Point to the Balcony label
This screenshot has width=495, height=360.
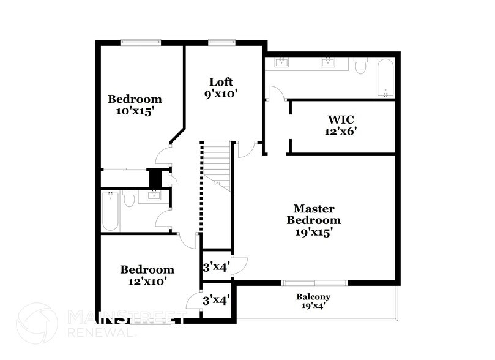tap(313, 297)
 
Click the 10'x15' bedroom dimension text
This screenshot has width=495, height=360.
tap(135, 111)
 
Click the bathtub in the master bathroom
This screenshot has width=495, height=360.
tap(386, 78)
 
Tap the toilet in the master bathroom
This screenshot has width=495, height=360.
tap(360, 64)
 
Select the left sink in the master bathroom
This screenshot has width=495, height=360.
tap(282, 62)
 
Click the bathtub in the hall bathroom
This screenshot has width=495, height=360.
tap(110, 212)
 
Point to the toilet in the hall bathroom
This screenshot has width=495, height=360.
tap(129, 198)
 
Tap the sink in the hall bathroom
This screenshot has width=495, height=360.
tap(152, 195)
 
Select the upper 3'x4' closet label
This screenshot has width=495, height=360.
tap(215, 267)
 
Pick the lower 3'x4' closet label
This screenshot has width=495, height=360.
tap(215, 300)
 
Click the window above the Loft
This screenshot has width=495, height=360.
tap(218, 42)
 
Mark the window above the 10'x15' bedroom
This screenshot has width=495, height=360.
tap(140, 42)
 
